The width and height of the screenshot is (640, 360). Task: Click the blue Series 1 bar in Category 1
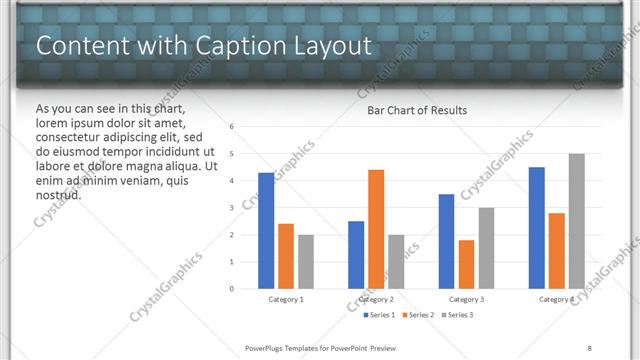[266, 231]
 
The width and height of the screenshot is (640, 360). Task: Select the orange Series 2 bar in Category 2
[376, 229]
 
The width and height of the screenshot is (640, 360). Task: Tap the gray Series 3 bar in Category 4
[576, 221]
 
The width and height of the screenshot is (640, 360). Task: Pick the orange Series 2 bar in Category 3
[466, 264]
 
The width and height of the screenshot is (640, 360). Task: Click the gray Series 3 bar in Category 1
[305, 262]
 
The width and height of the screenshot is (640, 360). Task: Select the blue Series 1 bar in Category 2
[356, 255]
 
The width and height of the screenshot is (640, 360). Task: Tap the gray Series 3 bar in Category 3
[486, 248]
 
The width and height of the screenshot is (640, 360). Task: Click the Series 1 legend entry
[379, 315]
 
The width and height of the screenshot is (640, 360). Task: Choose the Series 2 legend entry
[418, 315]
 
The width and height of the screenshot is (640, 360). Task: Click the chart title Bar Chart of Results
[417, 110]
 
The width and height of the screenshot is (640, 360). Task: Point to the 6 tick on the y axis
[232, 127]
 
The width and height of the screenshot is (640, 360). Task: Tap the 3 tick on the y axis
[232, 208]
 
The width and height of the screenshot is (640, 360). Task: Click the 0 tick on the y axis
[232, 289]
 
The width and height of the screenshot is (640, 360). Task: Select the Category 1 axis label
[286, 299]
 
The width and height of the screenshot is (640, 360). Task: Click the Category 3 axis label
[466, 299]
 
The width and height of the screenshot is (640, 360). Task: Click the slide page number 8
[589, 347]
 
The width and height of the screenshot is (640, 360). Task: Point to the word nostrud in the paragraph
[59, 195]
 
